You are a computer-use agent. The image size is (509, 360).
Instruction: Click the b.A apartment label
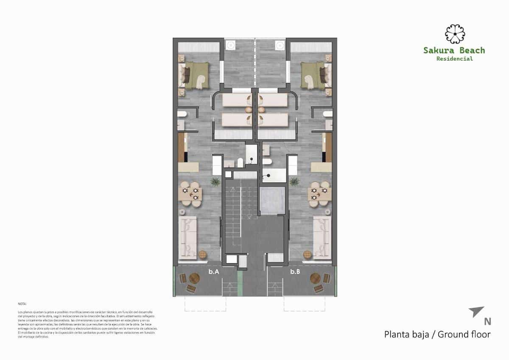(x=213, y=272)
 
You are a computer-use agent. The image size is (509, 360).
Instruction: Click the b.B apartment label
(x=295, y=272)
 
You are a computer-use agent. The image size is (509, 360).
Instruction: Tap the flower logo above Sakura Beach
(x=455, y=34)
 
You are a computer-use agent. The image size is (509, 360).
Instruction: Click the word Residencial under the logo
(x=454, y=59)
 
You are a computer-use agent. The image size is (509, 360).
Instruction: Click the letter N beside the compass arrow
(x=487, y=321)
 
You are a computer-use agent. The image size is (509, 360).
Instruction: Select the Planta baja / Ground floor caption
(x=437, y=334)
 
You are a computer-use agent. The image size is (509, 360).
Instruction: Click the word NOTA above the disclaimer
(x=22, y=304)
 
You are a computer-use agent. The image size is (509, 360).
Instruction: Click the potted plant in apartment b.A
(x=215, y=181)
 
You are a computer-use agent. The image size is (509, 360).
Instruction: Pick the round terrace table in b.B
(x=316, y=278)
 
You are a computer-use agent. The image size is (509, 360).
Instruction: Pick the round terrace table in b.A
(x=194, y=278)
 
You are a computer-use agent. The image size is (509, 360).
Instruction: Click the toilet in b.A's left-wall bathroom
(x=182, y=114)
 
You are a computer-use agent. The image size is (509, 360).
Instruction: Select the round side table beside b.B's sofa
(x=308, y=254)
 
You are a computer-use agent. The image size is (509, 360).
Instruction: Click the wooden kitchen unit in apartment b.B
(x=327, y=147)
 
